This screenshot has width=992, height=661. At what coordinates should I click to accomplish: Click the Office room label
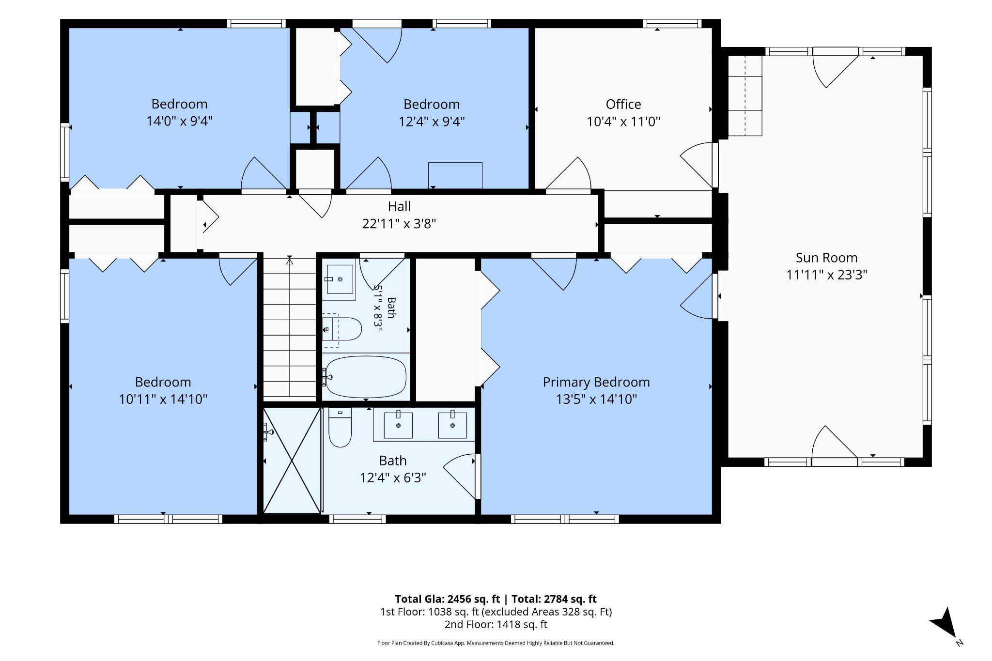tap(623, 104)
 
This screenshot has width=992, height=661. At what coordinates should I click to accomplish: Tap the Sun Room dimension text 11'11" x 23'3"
tap(826, 275)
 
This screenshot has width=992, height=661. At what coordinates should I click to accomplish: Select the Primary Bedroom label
tap(596, 382)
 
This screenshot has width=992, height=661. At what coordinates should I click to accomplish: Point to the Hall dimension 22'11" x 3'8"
tap(399, 224)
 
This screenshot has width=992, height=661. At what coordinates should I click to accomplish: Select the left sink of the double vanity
tap(398, 425)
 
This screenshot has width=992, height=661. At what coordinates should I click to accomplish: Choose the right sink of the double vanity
tap(452, 425)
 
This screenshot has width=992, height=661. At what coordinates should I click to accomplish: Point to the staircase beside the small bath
tap(290, 327)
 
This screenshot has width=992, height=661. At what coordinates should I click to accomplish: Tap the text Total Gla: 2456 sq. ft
tap(447, 599)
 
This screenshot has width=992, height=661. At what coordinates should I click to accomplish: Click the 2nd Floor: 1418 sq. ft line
tap(496, 625)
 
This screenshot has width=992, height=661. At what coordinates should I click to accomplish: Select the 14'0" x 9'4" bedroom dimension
tap(180, 121)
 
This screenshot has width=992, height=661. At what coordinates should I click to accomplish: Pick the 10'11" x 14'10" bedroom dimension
tap(163, 399)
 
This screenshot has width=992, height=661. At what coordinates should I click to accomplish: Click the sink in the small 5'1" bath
tap(340, 279)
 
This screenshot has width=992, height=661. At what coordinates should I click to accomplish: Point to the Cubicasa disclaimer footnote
tap(496, 643)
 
